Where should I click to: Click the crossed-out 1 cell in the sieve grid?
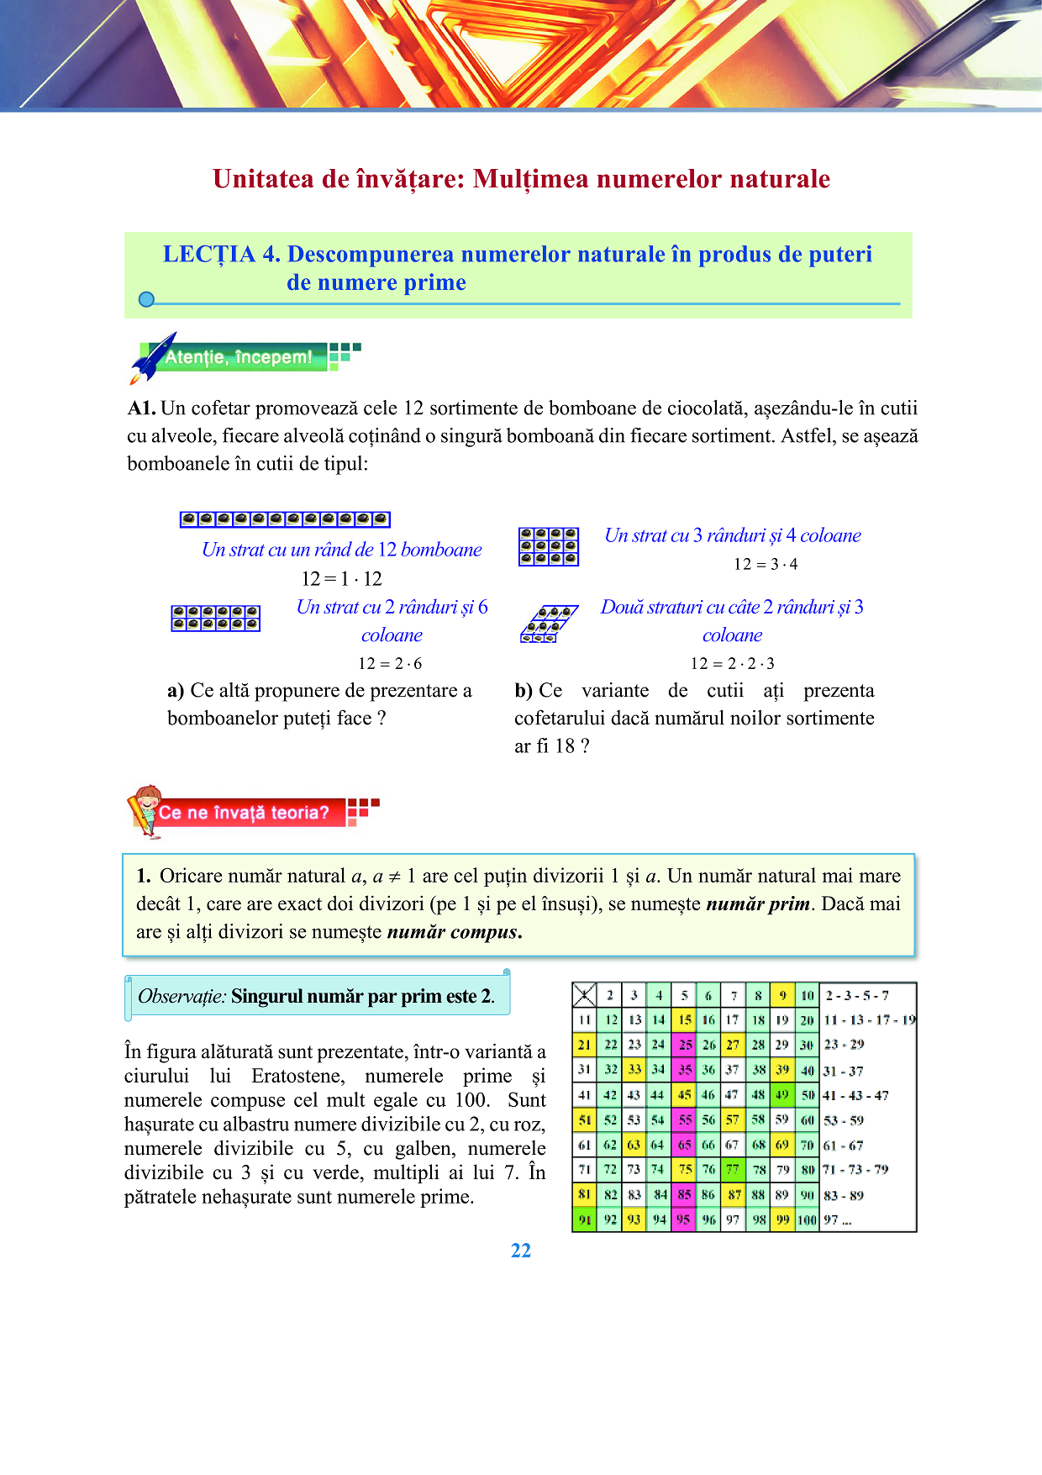[x=584, y=995]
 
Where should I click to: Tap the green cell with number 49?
[x=782, y=1094]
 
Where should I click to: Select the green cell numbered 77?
[x=733, y=1169]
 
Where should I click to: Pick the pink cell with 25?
[x=685, y=1045]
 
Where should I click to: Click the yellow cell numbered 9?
[x=782, y=995]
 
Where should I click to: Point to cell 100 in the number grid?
[x=807, y=1220]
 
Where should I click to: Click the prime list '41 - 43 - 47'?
[x=855, y=1095]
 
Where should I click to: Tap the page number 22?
[x=521, y=1251]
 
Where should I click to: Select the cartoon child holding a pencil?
[x=145, y=810]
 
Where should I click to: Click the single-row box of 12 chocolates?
[x=285, y=519]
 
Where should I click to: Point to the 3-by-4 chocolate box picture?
[x=548, y=546]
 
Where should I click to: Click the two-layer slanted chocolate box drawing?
[x=548, y=624]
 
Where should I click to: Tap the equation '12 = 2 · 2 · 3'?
[x=733, y=663]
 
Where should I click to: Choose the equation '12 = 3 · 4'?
[x=766, y=564]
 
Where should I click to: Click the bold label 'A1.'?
[x=141, y=408]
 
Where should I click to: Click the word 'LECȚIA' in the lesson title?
[x=208, y=255]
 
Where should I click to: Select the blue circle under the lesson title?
[x=146, y=299]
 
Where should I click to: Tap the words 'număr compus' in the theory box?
[x=454, y=932]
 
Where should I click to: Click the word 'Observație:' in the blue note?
[x=182, y=997]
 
